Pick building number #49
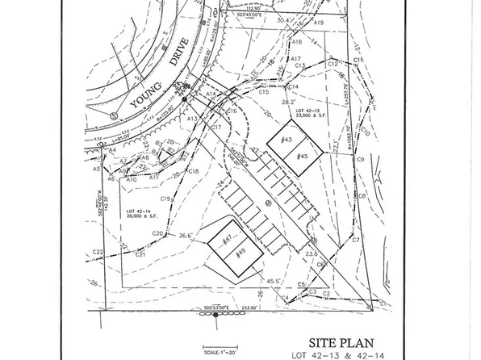[241, 253]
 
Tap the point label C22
[98, 253]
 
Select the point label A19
[319, 24]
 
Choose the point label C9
[362, 160]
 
